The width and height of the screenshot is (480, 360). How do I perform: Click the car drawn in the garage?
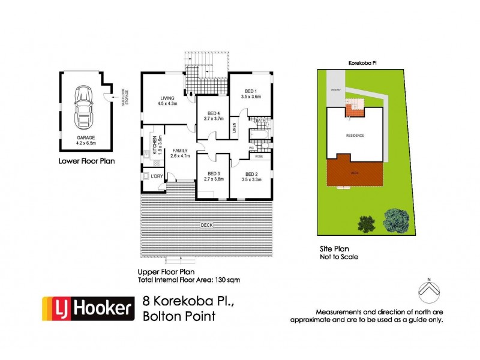[82, 108]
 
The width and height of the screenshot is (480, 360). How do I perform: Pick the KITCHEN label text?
[154, 143]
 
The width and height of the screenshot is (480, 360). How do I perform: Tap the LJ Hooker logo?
[87, 308]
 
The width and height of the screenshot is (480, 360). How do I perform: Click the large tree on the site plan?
[397, 220]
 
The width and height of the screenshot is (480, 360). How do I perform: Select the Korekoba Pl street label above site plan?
[362, 62]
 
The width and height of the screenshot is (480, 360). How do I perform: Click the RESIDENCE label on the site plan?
[355, 136]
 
